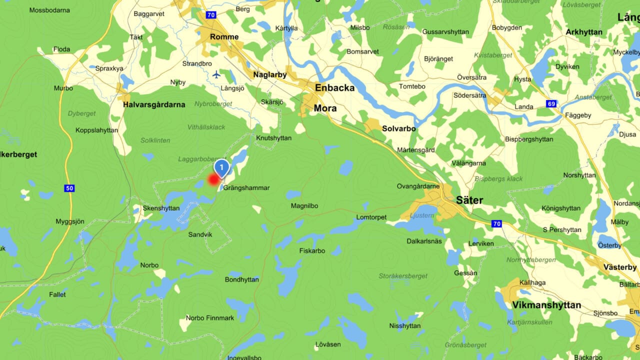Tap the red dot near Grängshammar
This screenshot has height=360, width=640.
tap(214, 179)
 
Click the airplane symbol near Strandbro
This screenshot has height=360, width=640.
tap(216, 74)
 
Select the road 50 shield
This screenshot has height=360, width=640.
tap(69, 188)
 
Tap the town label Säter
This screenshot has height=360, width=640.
tap(469, 200)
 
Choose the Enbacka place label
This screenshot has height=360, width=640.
tap(334, 88)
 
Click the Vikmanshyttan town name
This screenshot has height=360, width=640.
tap(547, 305)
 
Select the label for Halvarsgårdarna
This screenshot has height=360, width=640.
tap(154, 104)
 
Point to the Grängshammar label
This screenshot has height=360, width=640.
tap(246, 188)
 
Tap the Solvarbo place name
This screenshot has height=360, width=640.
tap(398, 128)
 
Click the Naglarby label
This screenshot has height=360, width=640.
tap(270, 74)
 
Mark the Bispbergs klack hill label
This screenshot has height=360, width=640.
tap(498, 178)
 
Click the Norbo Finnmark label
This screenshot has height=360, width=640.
tap(210, 317)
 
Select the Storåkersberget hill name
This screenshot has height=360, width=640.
tap(403, 275)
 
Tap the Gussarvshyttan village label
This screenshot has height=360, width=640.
tap(445, 31)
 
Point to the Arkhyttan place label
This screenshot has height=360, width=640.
tap(583, 32)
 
